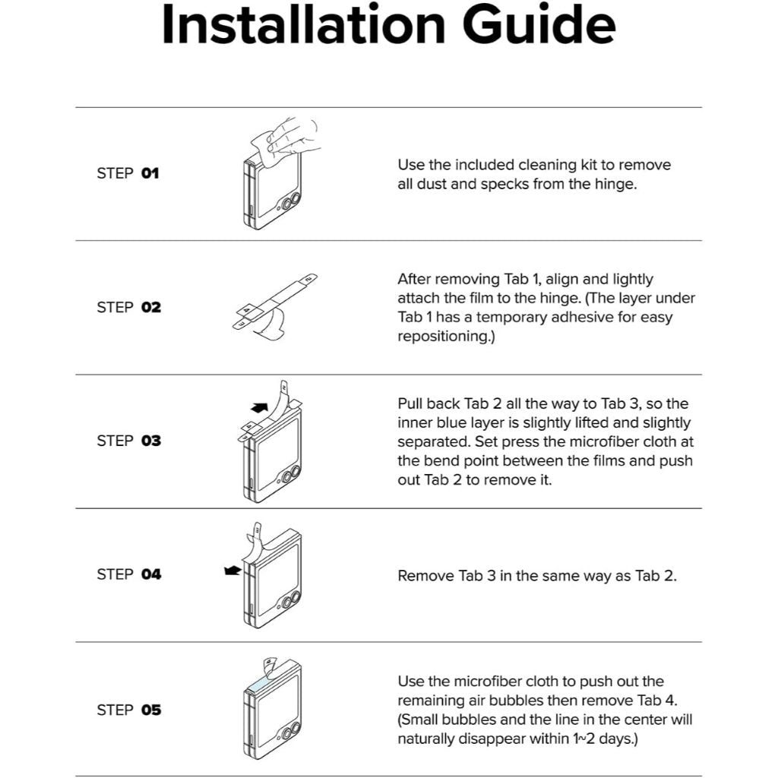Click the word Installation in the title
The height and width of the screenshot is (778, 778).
pyautogui.click(x=304, y=25)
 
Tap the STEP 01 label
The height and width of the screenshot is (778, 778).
pyautogui.click(x=128, y=173)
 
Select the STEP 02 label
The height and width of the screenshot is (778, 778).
pyautogui.click(x=129, y=307)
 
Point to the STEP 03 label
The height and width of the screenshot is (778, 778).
pyautogui.click(x=129, y=441)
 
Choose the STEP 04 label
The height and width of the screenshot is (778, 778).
pyautogui.click(x=129, y=574)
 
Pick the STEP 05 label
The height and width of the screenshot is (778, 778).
pyautogui.click(x=129, y=710)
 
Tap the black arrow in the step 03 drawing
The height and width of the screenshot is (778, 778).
pyautogui.click(x=259, y=408)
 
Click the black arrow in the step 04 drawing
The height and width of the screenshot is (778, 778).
pyautogui.click(x=232, y=571)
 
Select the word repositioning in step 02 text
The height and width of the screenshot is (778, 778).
pyautogui.click(x=446, y=337)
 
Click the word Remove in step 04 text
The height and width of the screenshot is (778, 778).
pyautogui.click(x=425, y=576)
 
